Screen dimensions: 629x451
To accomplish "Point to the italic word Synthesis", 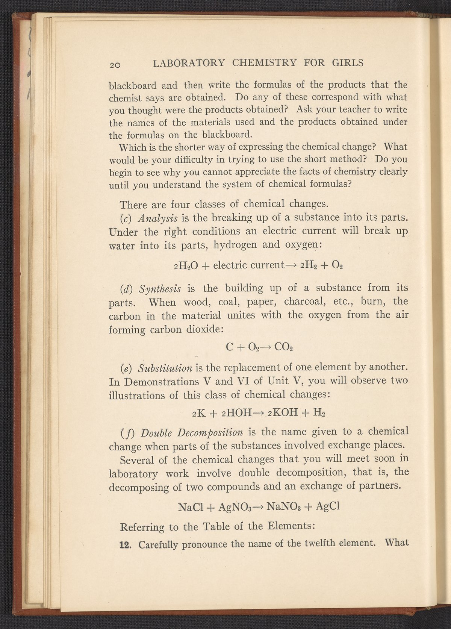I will pos(160,289).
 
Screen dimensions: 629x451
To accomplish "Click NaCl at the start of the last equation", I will pos(190,507).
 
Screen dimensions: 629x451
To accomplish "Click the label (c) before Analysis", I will pos(126,218).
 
